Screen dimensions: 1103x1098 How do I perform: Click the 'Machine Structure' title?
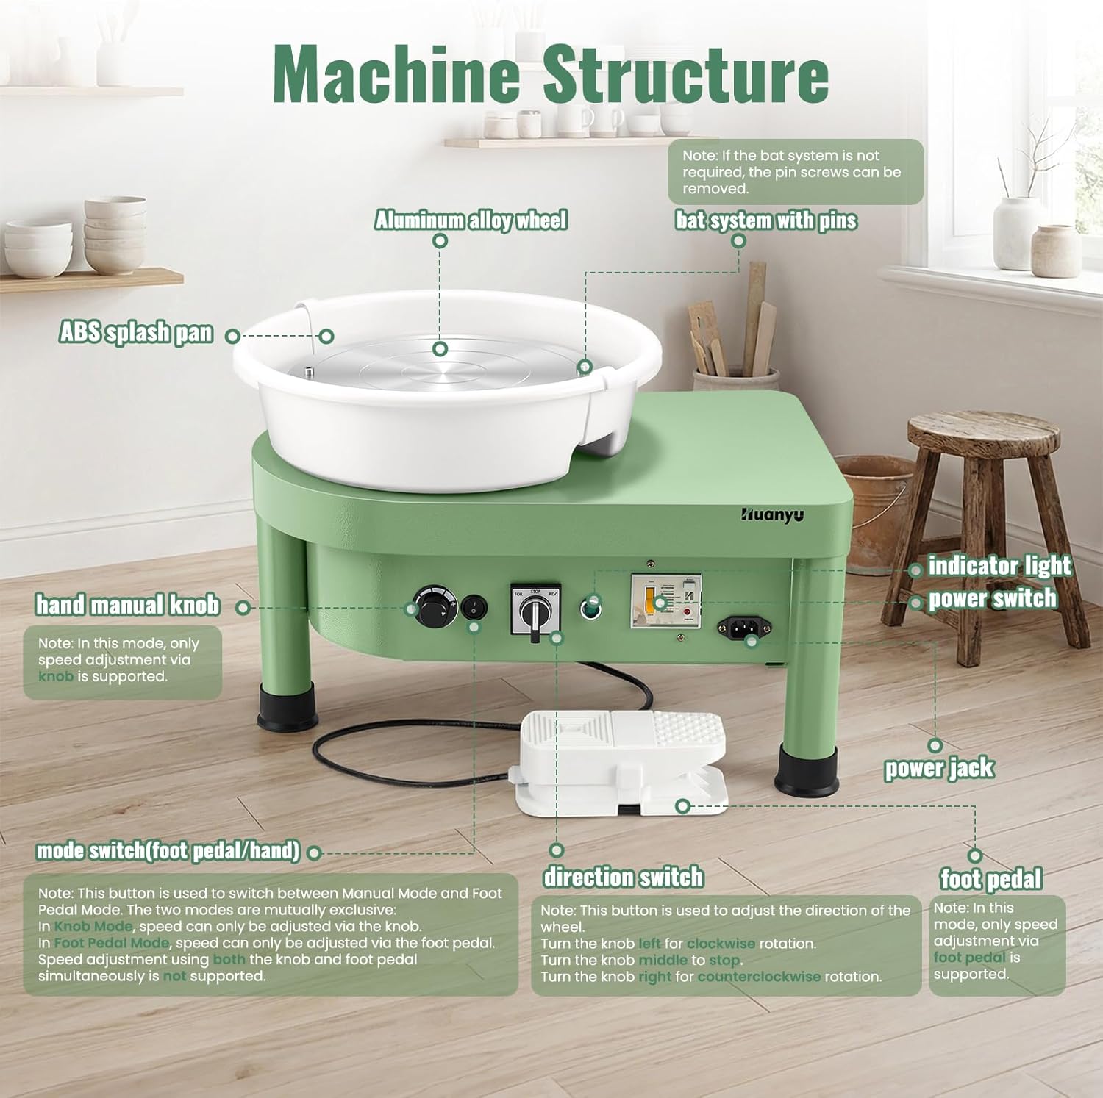551,73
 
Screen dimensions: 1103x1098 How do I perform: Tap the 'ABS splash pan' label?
136,333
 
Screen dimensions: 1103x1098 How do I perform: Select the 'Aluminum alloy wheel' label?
471,220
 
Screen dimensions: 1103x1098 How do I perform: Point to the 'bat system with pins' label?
766,220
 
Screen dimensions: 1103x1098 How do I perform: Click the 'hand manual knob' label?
128,605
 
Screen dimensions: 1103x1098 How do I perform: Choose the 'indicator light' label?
1000,566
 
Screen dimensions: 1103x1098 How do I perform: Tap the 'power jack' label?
939,768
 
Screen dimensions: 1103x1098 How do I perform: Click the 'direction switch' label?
624,877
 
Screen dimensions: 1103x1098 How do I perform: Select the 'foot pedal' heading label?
991,879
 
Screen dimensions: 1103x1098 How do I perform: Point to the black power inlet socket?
744,627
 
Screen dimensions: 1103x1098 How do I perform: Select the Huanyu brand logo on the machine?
772,514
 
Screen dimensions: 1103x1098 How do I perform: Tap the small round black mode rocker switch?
474,607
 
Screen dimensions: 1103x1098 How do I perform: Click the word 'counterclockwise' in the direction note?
759,977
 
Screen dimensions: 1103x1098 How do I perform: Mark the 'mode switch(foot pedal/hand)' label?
168,851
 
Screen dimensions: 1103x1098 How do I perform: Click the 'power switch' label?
993,599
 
